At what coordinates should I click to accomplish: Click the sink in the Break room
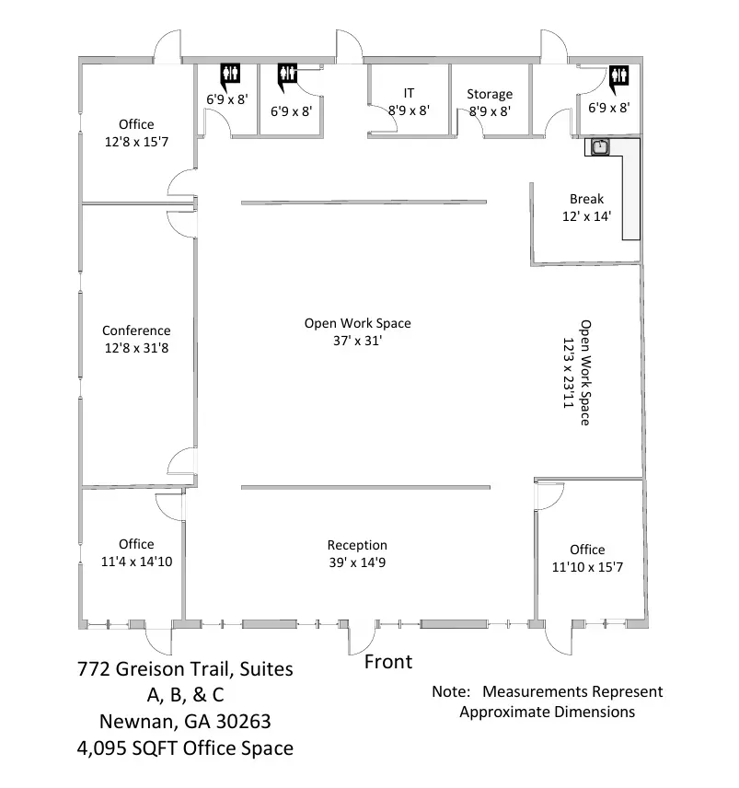click(600, 145)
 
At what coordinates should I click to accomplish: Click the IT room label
click(409, 93)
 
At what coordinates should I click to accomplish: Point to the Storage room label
click(490, 94)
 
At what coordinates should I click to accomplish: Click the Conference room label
click(136, 330)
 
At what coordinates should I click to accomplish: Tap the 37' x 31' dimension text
click(357, 341)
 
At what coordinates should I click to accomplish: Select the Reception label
click(357, 545)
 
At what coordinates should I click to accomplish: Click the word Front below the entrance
click(388, 662)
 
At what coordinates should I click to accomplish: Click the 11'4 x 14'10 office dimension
click(136, 562)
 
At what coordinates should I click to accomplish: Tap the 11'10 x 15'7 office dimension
click(587, 567)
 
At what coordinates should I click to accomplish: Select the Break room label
click(586, 199)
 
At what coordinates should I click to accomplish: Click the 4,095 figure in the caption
click(106, 747)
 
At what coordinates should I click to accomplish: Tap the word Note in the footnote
click(451, 691)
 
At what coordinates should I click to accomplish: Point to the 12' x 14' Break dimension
click(586, 216)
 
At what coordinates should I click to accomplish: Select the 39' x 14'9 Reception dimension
click(357, 562)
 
